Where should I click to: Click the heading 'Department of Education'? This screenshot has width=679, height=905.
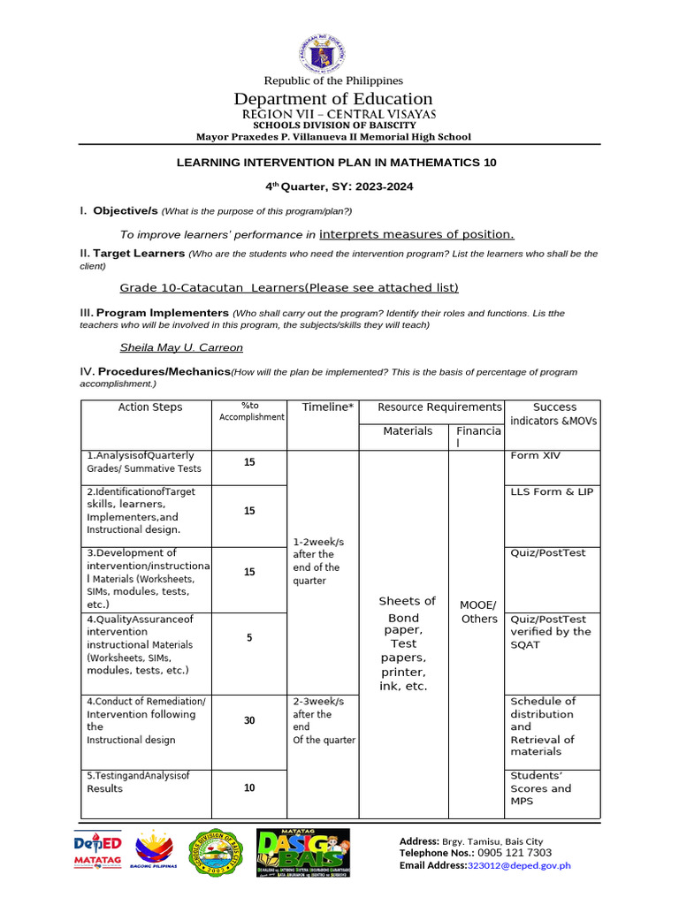333,98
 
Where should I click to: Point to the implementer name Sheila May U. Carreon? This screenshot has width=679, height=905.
181,347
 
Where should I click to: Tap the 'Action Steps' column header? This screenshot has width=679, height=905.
150,407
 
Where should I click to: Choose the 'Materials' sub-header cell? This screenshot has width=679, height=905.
408,431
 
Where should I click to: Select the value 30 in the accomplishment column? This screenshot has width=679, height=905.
249,720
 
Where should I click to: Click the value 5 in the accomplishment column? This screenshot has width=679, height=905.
249,637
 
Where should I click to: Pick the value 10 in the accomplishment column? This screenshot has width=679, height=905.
249,787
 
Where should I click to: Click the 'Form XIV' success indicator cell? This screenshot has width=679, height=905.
535,456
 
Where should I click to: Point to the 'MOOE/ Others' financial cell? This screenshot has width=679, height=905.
479,612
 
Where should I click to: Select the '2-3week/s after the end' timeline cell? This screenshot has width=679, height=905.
324,720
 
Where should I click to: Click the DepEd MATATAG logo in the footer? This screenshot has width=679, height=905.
96,854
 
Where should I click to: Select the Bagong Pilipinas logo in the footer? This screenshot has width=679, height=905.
156,854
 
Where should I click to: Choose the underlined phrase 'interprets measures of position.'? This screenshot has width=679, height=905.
416,234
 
